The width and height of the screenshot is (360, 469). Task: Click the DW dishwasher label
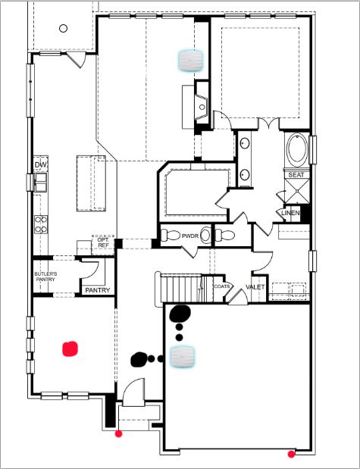coord(41,165)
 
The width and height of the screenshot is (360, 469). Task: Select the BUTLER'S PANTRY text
coord(45,277)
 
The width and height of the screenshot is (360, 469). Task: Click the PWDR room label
coord(190,236)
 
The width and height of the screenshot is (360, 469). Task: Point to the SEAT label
coord(296,175)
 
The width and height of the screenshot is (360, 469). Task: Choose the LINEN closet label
coord(290,213)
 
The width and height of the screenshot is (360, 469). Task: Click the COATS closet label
coord(222,286)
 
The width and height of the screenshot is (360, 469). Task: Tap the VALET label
coord(255,287)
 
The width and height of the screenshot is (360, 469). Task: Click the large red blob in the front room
coord(70,349)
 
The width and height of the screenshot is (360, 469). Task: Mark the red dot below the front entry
coord(119,433)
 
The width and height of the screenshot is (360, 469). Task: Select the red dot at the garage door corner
coord(291,454)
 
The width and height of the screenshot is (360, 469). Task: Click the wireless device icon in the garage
coord(183,356)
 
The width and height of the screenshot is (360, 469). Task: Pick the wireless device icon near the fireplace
coord(191,61)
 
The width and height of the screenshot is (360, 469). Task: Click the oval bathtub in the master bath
coord(297,149)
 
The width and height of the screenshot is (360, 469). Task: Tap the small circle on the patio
coord(63,29)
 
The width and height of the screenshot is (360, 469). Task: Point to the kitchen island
coord(91,183)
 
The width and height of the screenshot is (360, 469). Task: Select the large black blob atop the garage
coord(180,314)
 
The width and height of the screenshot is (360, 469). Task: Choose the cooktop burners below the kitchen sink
coord(41,224)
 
